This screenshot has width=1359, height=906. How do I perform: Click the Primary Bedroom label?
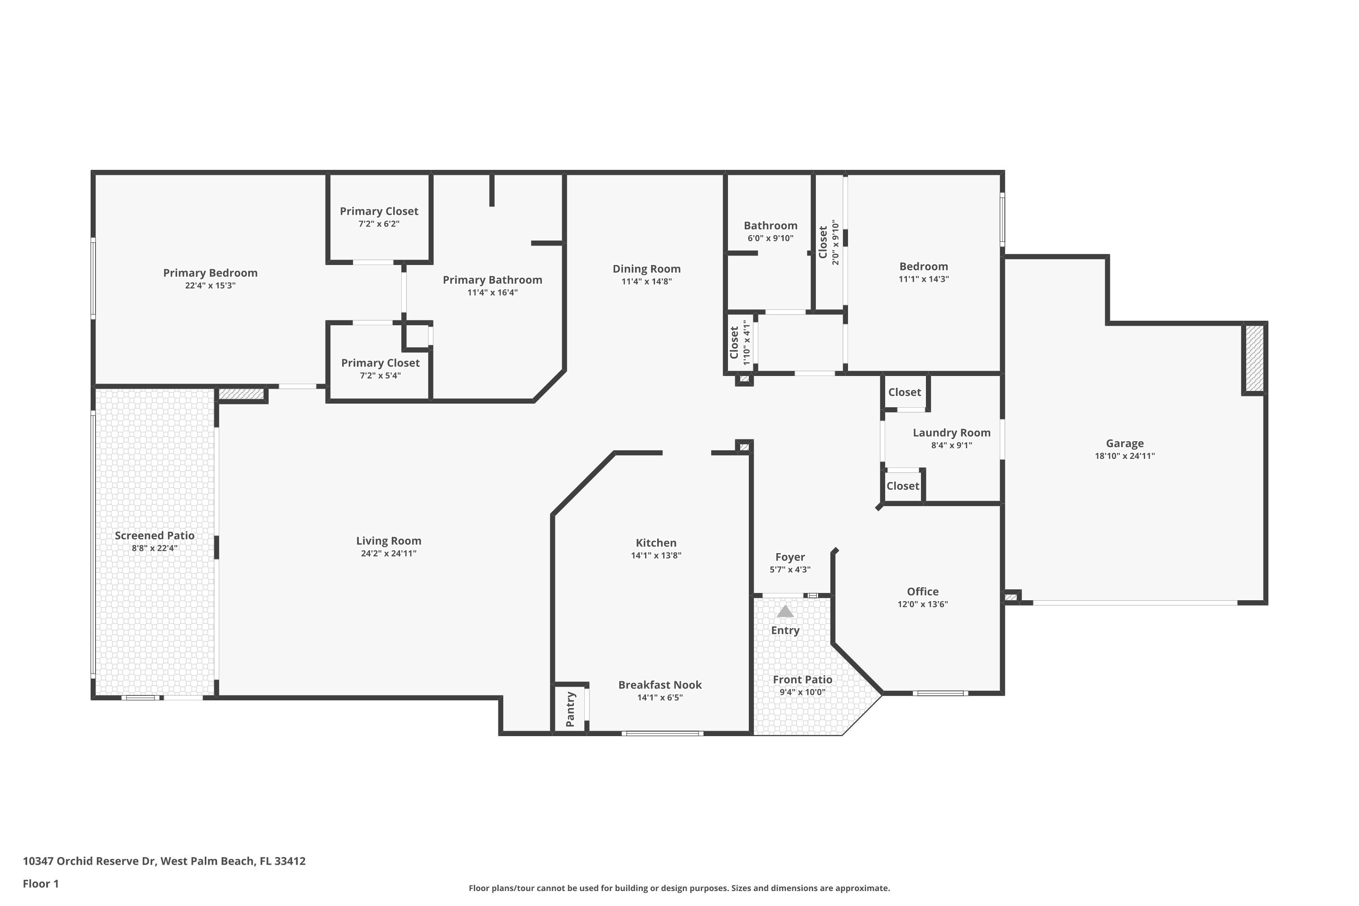click(210, 273)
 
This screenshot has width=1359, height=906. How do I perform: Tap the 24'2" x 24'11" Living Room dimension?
click(388, 554)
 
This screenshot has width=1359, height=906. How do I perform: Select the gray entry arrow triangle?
click(785, 611)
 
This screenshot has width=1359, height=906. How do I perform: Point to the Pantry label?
click(570, 709)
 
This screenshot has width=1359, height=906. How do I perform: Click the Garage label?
click(1124, 443)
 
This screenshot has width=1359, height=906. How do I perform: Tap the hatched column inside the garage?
click(1254, 358)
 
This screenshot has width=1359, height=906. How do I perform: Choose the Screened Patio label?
click(154, 535)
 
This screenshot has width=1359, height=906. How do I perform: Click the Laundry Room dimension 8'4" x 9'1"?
click(951, 445)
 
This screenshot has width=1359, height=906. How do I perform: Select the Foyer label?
click(790, 557)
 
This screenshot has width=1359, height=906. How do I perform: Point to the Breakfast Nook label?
click(660, 684)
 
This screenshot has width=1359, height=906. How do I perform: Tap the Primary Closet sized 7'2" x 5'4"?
click(380, 363)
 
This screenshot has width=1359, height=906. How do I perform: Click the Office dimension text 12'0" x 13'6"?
click(922, 604)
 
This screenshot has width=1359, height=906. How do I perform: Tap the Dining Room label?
click(646, 269)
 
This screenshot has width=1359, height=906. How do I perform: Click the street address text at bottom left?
click(164, 861)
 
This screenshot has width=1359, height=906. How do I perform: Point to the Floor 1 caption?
click(41, 883)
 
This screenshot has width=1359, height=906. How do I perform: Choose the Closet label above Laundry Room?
click(904, 392)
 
